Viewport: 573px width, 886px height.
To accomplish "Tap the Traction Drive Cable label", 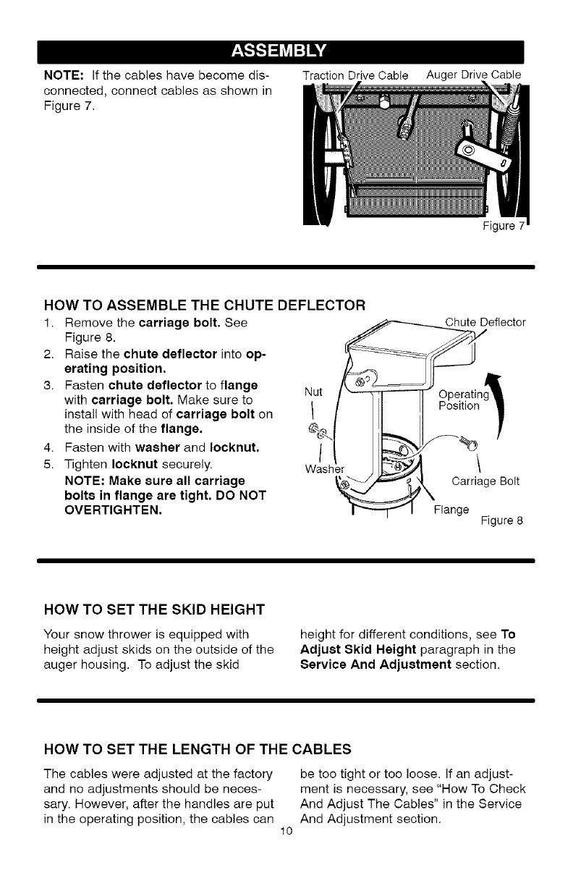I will click(x=356, y=75).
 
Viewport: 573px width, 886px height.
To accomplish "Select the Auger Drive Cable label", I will click(x=474, y=74).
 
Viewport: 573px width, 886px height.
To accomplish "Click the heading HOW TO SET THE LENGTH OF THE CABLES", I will click(x=198, y=747).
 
